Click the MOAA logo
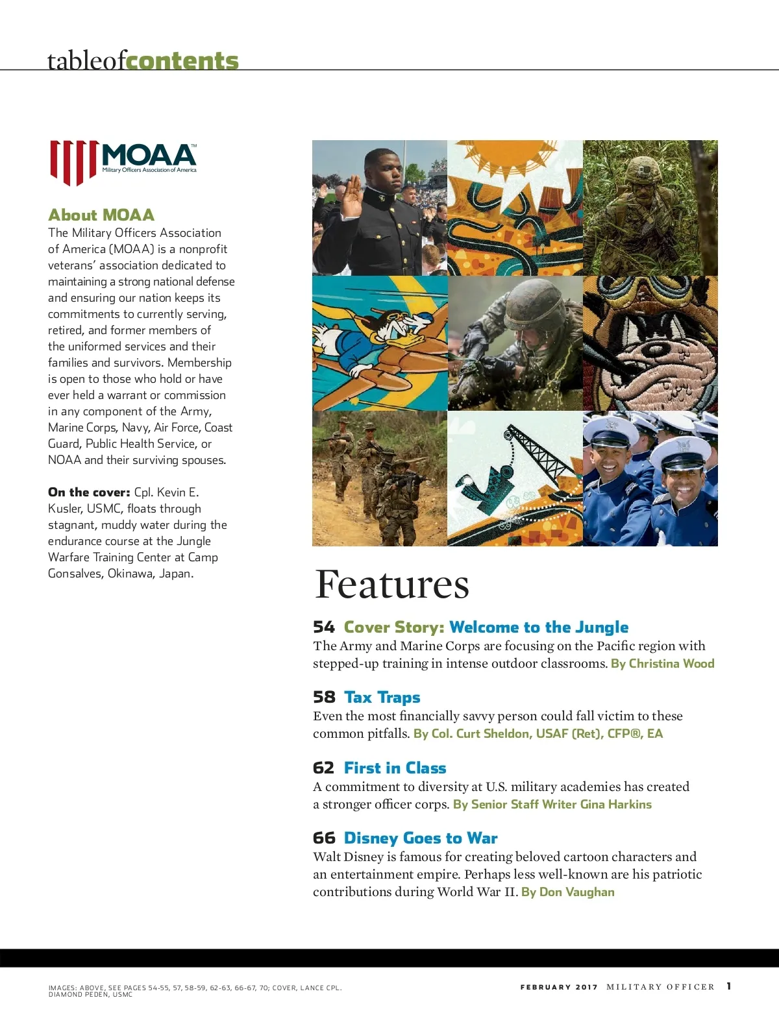coord(123,162)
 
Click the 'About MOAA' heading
coord(101,215)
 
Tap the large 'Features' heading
coord(391,584)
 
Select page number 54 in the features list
coord(323,627)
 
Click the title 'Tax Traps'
coord(382,698)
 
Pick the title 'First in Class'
coord(395,768)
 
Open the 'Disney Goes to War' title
coord(421,838)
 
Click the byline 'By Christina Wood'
coord(662,664)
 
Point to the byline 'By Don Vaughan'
coord(567,892)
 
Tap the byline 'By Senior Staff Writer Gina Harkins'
coord(552,805)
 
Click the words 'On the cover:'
coord(89,493)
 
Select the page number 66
coord(323,838)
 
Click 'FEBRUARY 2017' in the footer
coord(558,987)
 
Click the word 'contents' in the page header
coord(182,60)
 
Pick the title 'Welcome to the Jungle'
coord(538,627)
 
